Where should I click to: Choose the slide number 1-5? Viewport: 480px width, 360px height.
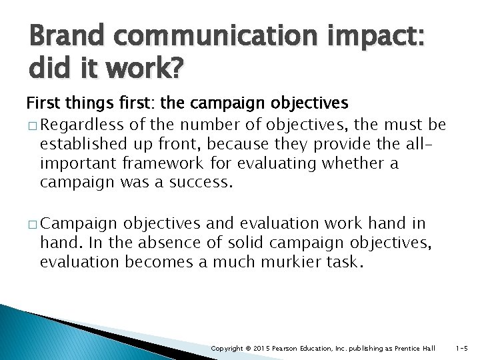[x=461, y=349]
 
